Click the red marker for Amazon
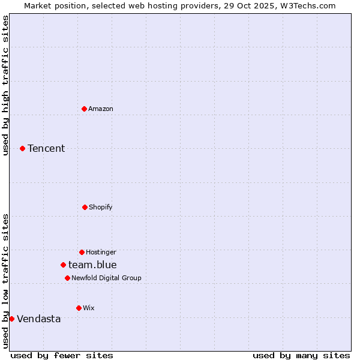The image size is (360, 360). [x=84, y=109]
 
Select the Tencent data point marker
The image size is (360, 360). [x=22, y=148]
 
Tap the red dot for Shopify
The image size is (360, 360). [x=85, y=207]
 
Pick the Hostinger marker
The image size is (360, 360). [x=82, y=252]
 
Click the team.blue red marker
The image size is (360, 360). [x=63, y=265]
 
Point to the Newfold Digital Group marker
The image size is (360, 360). [x=67, y=278]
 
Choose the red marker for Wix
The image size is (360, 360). [x=79, y=308]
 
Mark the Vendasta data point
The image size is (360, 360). [x=11, y=319]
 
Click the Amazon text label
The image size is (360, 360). [x=101, y=109]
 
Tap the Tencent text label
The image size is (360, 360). [x=46, y=148]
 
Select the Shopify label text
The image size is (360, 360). [x=101, y=207]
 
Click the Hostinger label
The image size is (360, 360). [x=101, y=252]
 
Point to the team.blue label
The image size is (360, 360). [x=92, y=265]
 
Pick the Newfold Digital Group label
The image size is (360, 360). [x=106, y=278]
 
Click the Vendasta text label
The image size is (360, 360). [x=39, y=319]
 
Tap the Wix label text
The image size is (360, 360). [x=89, y=308]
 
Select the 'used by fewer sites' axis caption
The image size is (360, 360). [x=62, y=355]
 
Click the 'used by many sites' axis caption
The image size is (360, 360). [x=301, y=355]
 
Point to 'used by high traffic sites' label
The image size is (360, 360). [x=5, y=85]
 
